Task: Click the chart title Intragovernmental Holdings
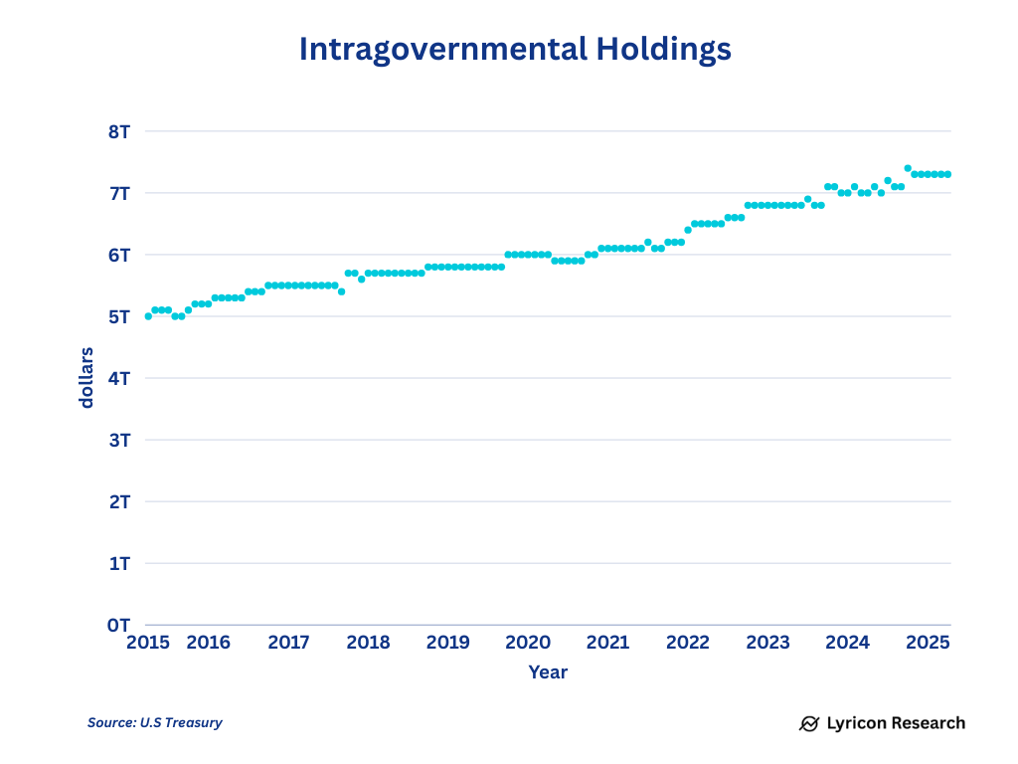pyautogui.click(x=515, y=50)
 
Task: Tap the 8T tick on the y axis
pyautogui.click(x=120, y=131)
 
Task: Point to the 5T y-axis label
pyautogui.click(x=120, y=316)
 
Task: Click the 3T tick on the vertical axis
pyautogui.click(x=120, y=440)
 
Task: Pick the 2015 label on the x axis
pyautogui.click(x=147, y=643)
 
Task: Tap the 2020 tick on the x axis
pyautogui.click(x=528, y=643)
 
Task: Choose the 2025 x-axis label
pyautogui.click(x=929, y=643)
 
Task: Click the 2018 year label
pyautogui.click(x=368, y=643)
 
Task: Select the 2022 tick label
pyautogui.click(x=688, y=643)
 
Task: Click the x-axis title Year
pyautogui.click(x=548, y=672)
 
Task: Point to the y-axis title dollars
pyautogui.click(x=87, y=377)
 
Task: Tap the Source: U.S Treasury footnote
pyautogui.click(x=155, y=723)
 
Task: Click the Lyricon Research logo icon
pyautogui.click(x=809, y=723)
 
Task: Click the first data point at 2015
pyautogui.click(x=148, y=316)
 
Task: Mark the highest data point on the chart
pyautogui.click(x=908, y=168)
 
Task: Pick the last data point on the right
pyautogui.click(x=948, y=174)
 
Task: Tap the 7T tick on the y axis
pyautogui.click(x=120, y=193)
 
